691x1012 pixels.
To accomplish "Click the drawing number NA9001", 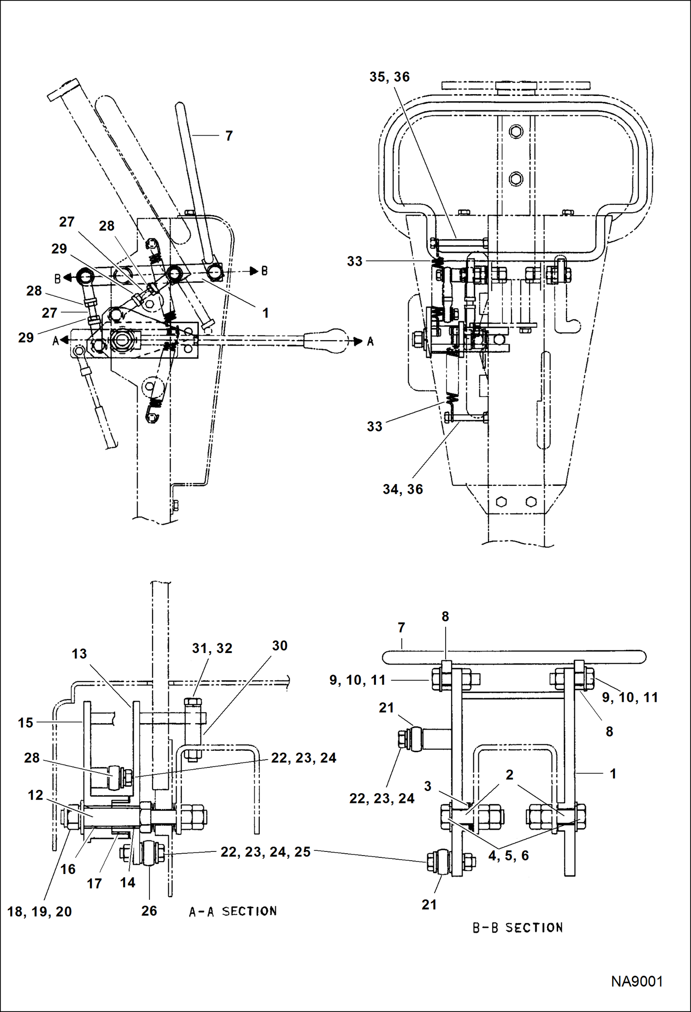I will [x=637, y=982].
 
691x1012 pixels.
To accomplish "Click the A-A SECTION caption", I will [x=233, y=911].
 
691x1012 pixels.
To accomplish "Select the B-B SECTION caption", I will [x=518, y=928].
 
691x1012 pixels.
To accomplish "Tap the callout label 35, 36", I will [x=389, y=77].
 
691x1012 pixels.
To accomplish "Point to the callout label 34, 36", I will [x=403, y=489].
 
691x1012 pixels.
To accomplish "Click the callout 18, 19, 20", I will [x=40, y=911].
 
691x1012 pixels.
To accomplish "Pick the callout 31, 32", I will [x=212, y=648].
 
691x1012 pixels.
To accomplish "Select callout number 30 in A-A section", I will [x=280, y=646].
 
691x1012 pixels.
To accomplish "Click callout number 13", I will [x=79, y=653].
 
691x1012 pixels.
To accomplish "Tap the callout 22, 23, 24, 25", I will [x=265, y=852].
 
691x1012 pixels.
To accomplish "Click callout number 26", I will [x=149, y=910].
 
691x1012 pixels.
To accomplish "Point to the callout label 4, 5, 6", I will [x=508, y=856].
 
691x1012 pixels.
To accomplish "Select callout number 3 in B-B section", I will [x=428, y=786].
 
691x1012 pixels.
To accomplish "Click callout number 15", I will [x=25, y=723].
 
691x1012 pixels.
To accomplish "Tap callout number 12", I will [x=36, y=795].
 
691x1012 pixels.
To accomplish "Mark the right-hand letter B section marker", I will [x=264, y=271].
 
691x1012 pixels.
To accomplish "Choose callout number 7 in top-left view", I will [x=229, y=136].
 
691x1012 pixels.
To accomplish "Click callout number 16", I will [x=68, y=869].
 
